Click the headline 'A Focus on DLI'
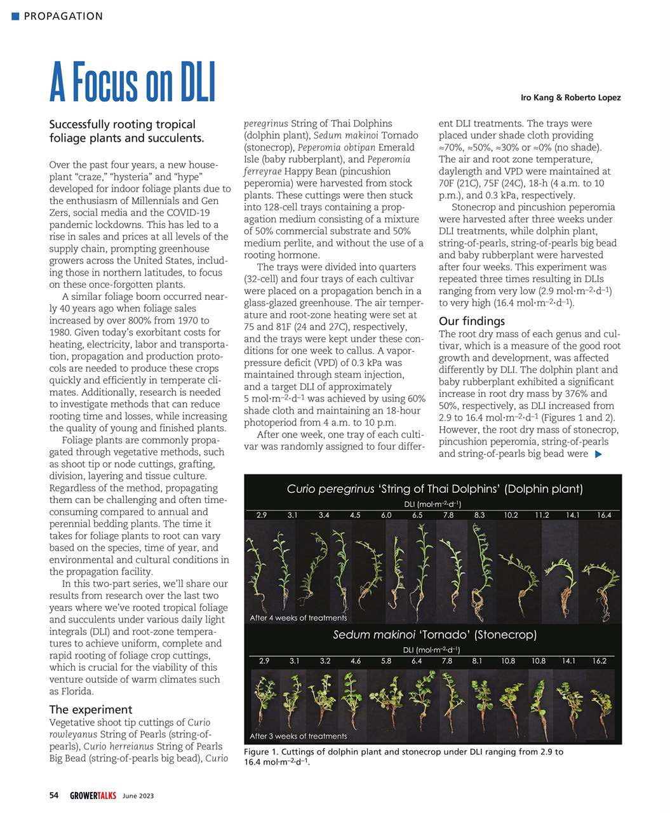(133, 83)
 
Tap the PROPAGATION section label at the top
(63, 16)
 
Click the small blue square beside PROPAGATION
(15, 16)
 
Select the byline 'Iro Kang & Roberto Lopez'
(570, 98)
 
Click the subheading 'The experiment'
(91, 709)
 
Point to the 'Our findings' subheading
(472, 321)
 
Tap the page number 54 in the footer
(54, 795)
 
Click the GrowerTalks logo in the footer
(93, 795)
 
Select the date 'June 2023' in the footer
(138, 796)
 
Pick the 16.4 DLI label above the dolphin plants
(604, 515)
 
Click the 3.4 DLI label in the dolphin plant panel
(324, 515)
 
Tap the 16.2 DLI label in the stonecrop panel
(600, 661)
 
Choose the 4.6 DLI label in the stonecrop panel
(356, 661)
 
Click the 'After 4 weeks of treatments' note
(298, 617)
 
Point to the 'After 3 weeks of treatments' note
(298, 736)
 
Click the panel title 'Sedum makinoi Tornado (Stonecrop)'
(434, 635)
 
